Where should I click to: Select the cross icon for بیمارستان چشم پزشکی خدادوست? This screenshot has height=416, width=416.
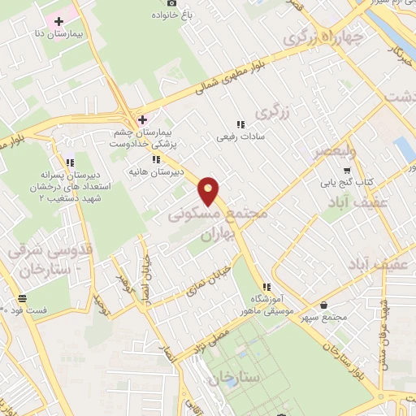[x=142, y=119]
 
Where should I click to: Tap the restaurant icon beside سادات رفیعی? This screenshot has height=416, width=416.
[x=240, y=124]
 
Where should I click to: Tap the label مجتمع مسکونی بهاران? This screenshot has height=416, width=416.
[x=208, y=222]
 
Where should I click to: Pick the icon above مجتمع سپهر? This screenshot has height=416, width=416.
[x=325, y=305]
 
